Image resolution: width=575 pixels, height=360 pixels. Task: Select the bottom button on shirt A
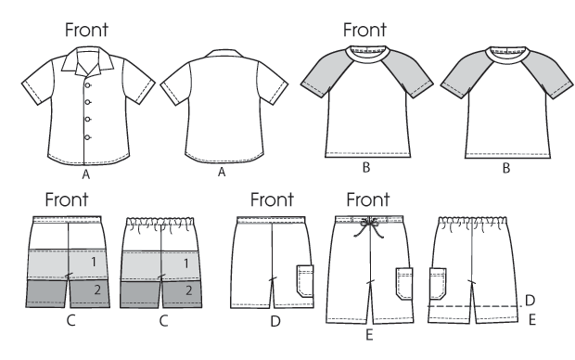87,136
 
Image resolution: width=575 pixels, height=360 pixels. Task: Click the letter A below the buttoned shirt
86,173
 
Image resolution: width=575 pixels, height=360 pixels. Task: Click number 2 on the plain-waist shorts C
95,291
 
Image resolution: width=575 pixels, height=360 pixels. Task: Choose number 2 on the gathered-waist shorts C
187,291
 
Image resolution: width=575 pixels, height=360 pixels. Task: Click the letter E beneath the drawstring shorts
369,333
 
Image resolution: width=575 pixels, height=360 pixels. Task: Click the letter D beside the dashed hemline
529,300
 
